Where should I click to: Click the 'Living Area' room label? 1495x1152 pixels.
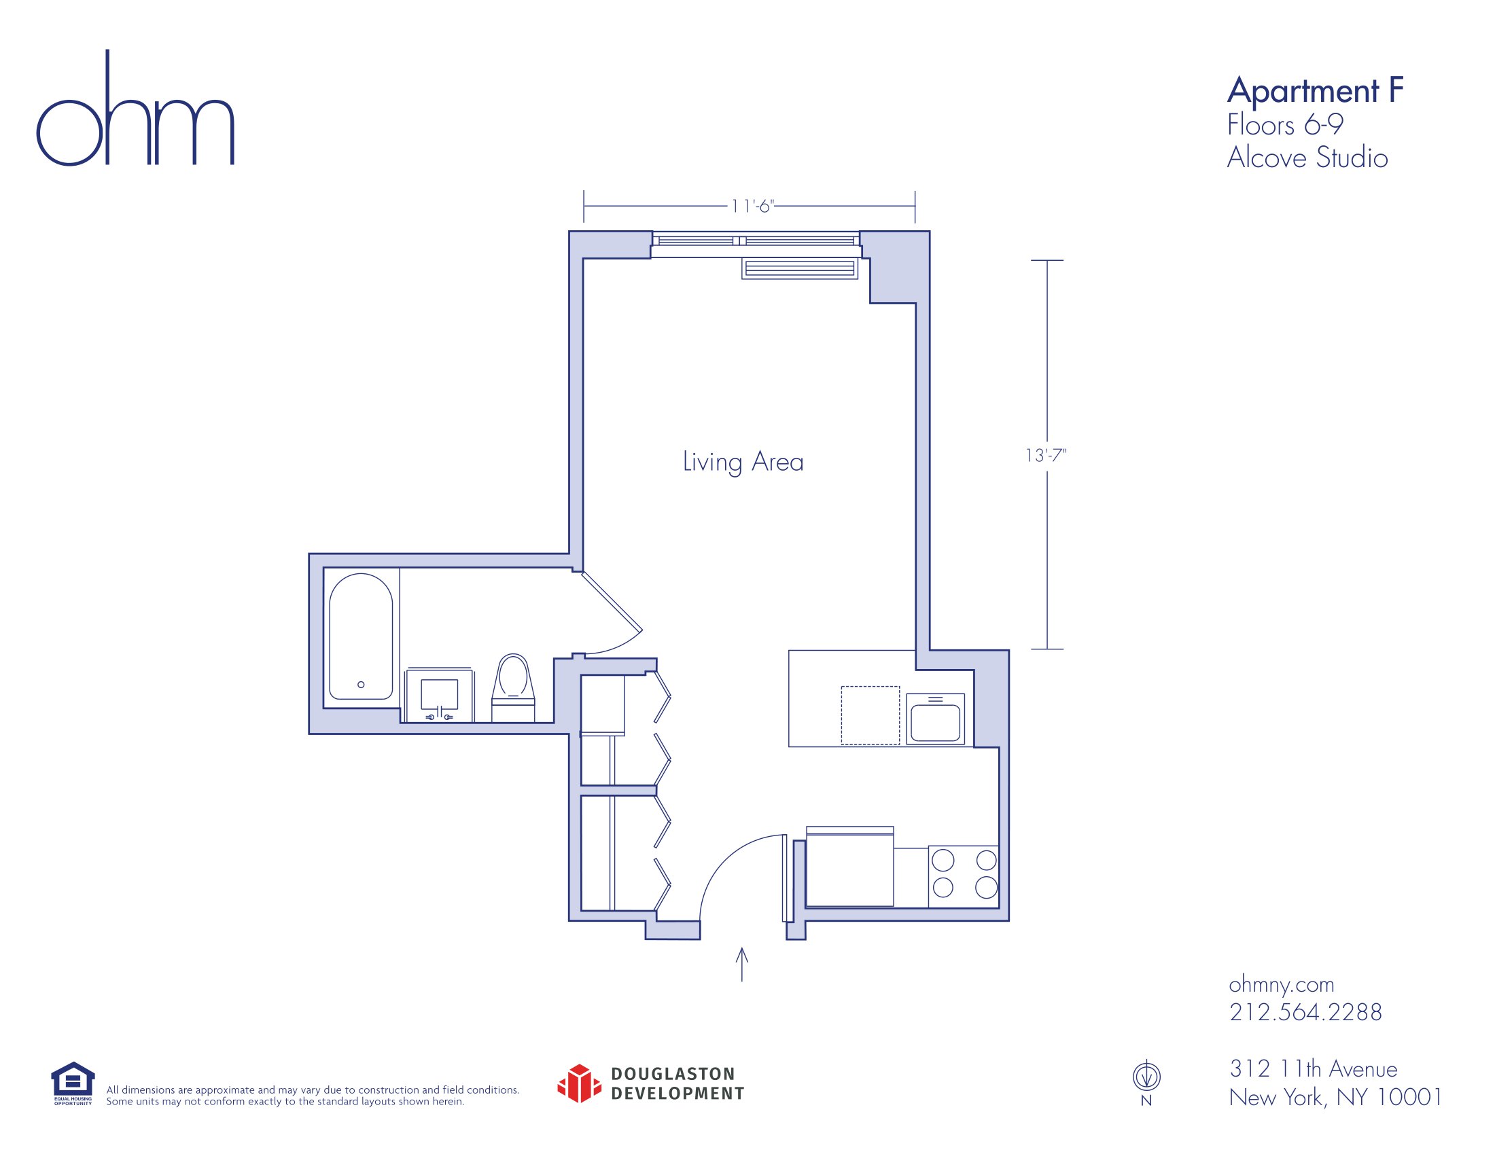point(743,462)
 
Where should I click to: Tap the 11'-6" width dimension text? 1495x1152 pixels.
point(752,206)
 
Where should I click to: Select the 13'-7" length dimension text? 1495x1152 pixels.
point(1046,455)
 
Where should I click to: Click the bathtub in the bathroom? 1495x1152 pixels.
point(361,636)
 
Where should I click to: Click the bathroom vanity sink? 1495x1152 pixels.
point(439,695)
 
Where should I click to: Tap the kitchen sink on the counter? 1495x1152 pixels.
point(935,719)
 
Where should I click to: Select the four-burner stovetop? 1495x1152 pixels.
point(964,877)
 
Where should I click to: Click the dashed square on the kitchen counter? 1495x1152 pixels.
point(870,715)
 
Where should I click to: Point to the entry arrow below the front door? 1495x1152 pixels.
point(741,965)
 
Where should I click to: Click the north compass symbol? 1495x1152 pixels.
point(1146,1077)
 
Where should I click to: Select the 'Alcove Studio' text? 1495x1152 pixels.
point(1307,158)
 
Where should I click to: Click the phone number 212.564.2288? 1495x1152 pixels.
point(1305,1012)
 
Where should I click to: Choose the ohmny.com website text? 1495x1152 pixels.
point(1282,984)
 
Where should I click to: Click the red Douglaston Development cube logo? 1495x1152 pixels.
point(579,1083)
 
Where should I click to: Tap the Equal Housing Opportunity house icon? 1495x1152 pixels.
point(73,1080)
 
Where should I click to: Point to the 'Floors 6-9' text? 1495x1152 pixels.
point(1285,125)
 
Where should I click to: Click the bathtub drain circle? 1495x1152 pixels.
point(361,684)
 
